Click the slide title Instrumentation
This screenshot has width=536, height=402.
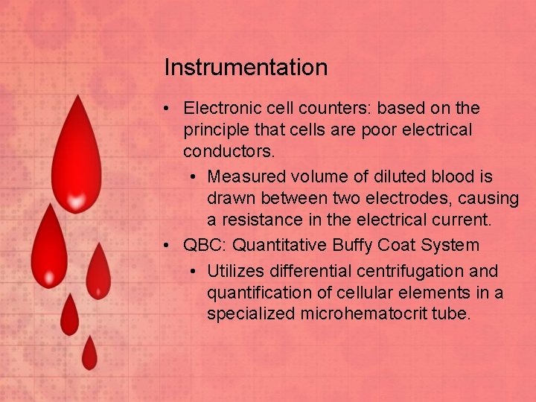click(x=246, y=68)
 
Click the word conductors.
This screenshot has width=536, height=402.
click(x=229, y=152)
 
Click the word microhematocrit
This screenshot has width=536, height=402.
click(x=363, y=314)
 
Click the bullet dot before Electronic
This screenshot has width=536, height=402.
click(x=169, y=109)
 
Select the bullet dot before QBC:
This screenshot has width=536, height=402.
click(x=169, y=245)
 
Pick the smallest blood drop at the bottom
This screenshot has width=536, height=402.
click(x=89, y=354)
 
